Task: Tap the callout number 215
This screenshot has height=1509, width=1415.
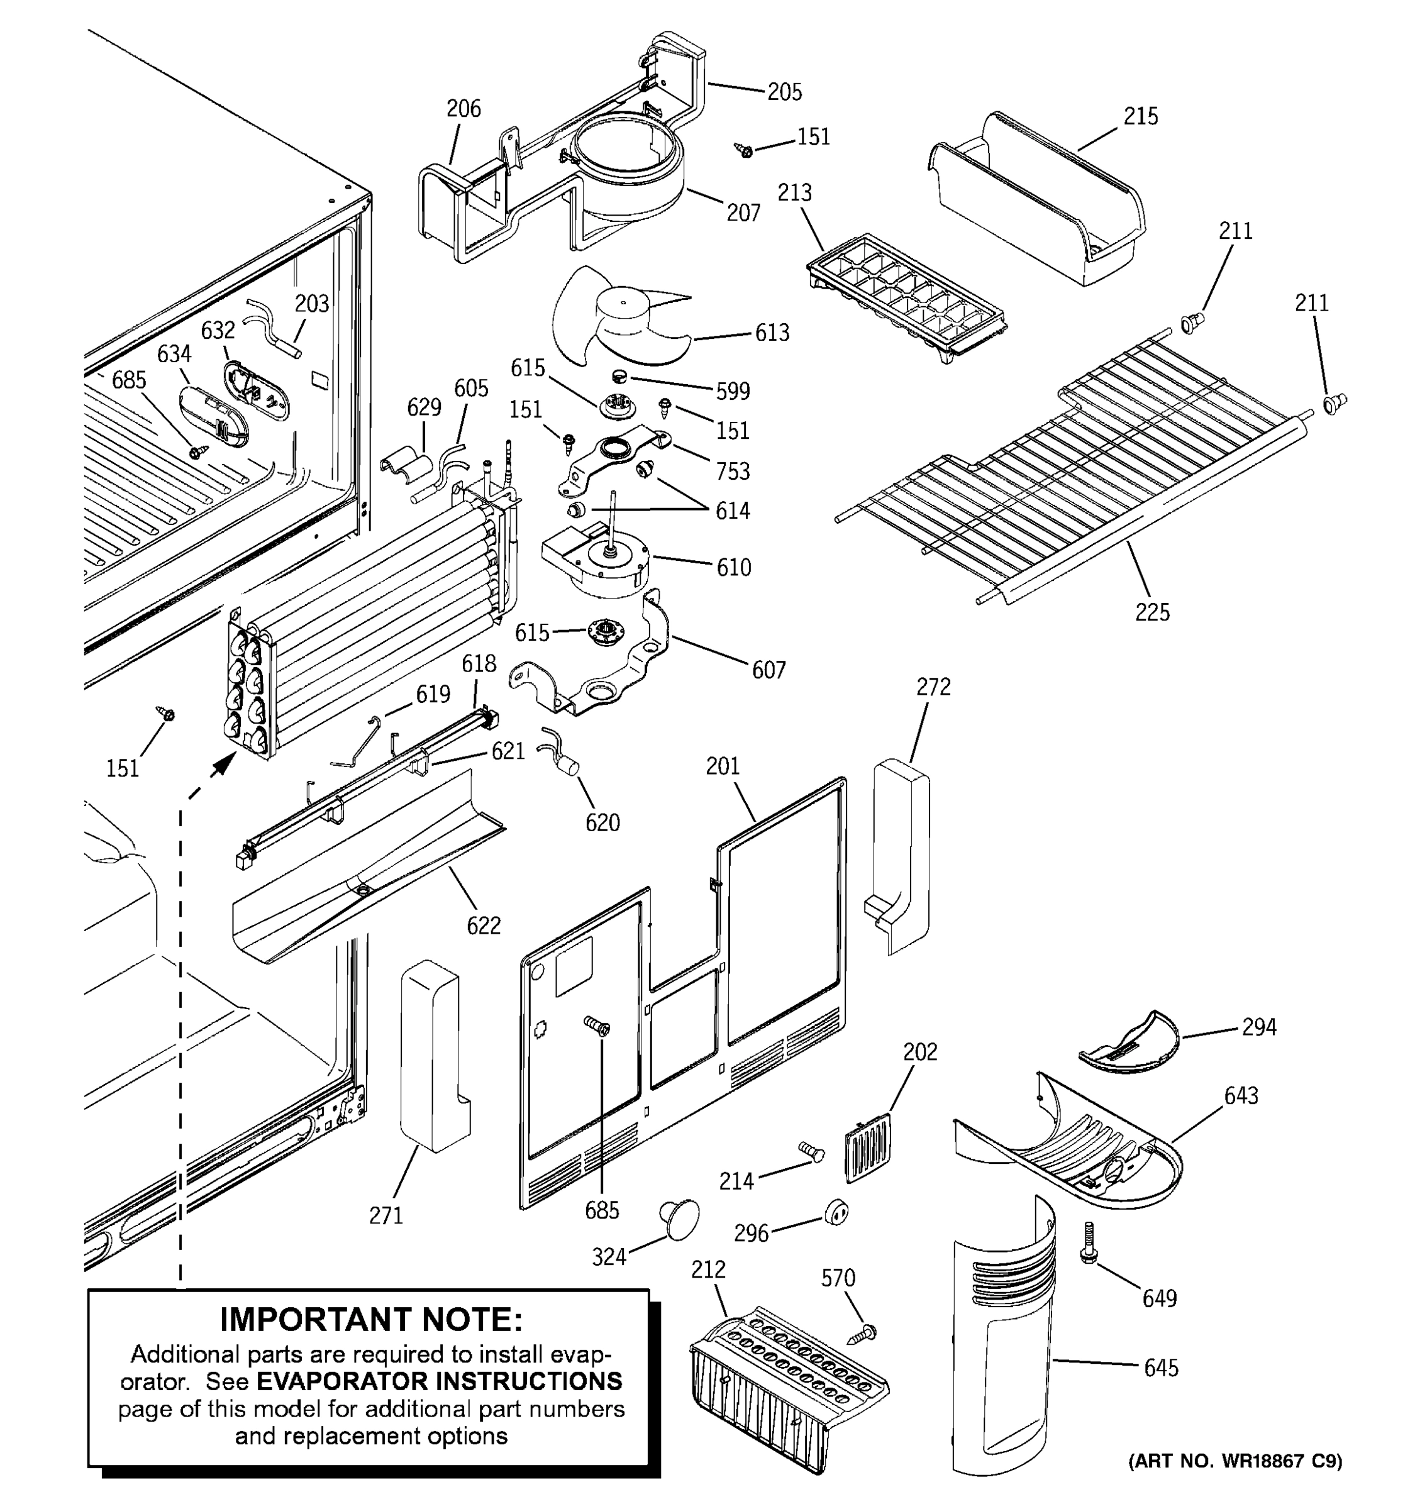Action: (1140, 116)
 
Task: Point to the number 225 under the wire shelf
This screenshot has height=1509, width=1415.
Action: (1151, 612)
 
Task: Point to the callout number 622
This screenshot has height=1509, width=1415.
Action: (484, 926)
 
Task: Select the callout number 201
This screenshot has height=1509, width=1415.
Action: (722, 766)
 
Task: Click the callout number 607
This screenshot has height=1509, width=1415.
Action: (769, 670)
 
